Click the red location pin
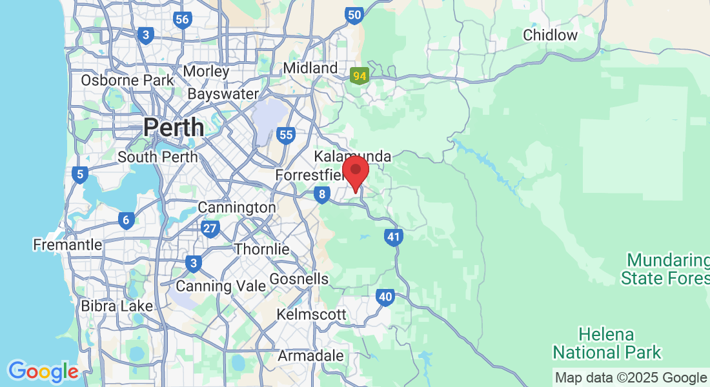pyautogui.click(x=355, y=171)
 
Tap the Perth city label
pyautogui.click(x=174, y=127)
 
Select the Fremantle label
pyautogui.click(x=68, y=245)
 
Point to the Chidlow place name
pyautogui.click(x=550, y=35)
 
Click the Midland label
pyautogui.click(x=310, y=68)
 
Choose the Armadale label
pyautogui.click(x=310, y=356)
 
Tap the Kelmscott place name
pyautogui.click(x=312, y=315)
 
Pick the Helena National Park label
pyautogui.click(x=607, y=344)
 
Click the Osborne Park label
pyautogui.click(x=127, y=81)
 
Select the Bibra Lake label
pyautogui.click(x=117, y=306)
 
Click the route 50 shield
pyautogui.click(x=354, y=15)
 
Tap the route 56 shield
pyautogui.click(x=182, y=19)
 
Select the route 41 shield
pyautogui.click(x=394, y=237)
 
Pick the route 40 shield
pyautogui.click(x=385, y=297)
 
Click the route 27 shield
pyautogui.click(x=210, y=228)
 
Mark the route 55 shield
pyautogui.click(x=286, y=135)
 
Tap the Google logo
pyautogui.click(x=43, y=372)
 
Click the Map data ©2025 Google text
pyautogui.click(x=631, y=378)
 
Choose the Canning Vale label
pyautogui.click(x=221, y=286)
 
